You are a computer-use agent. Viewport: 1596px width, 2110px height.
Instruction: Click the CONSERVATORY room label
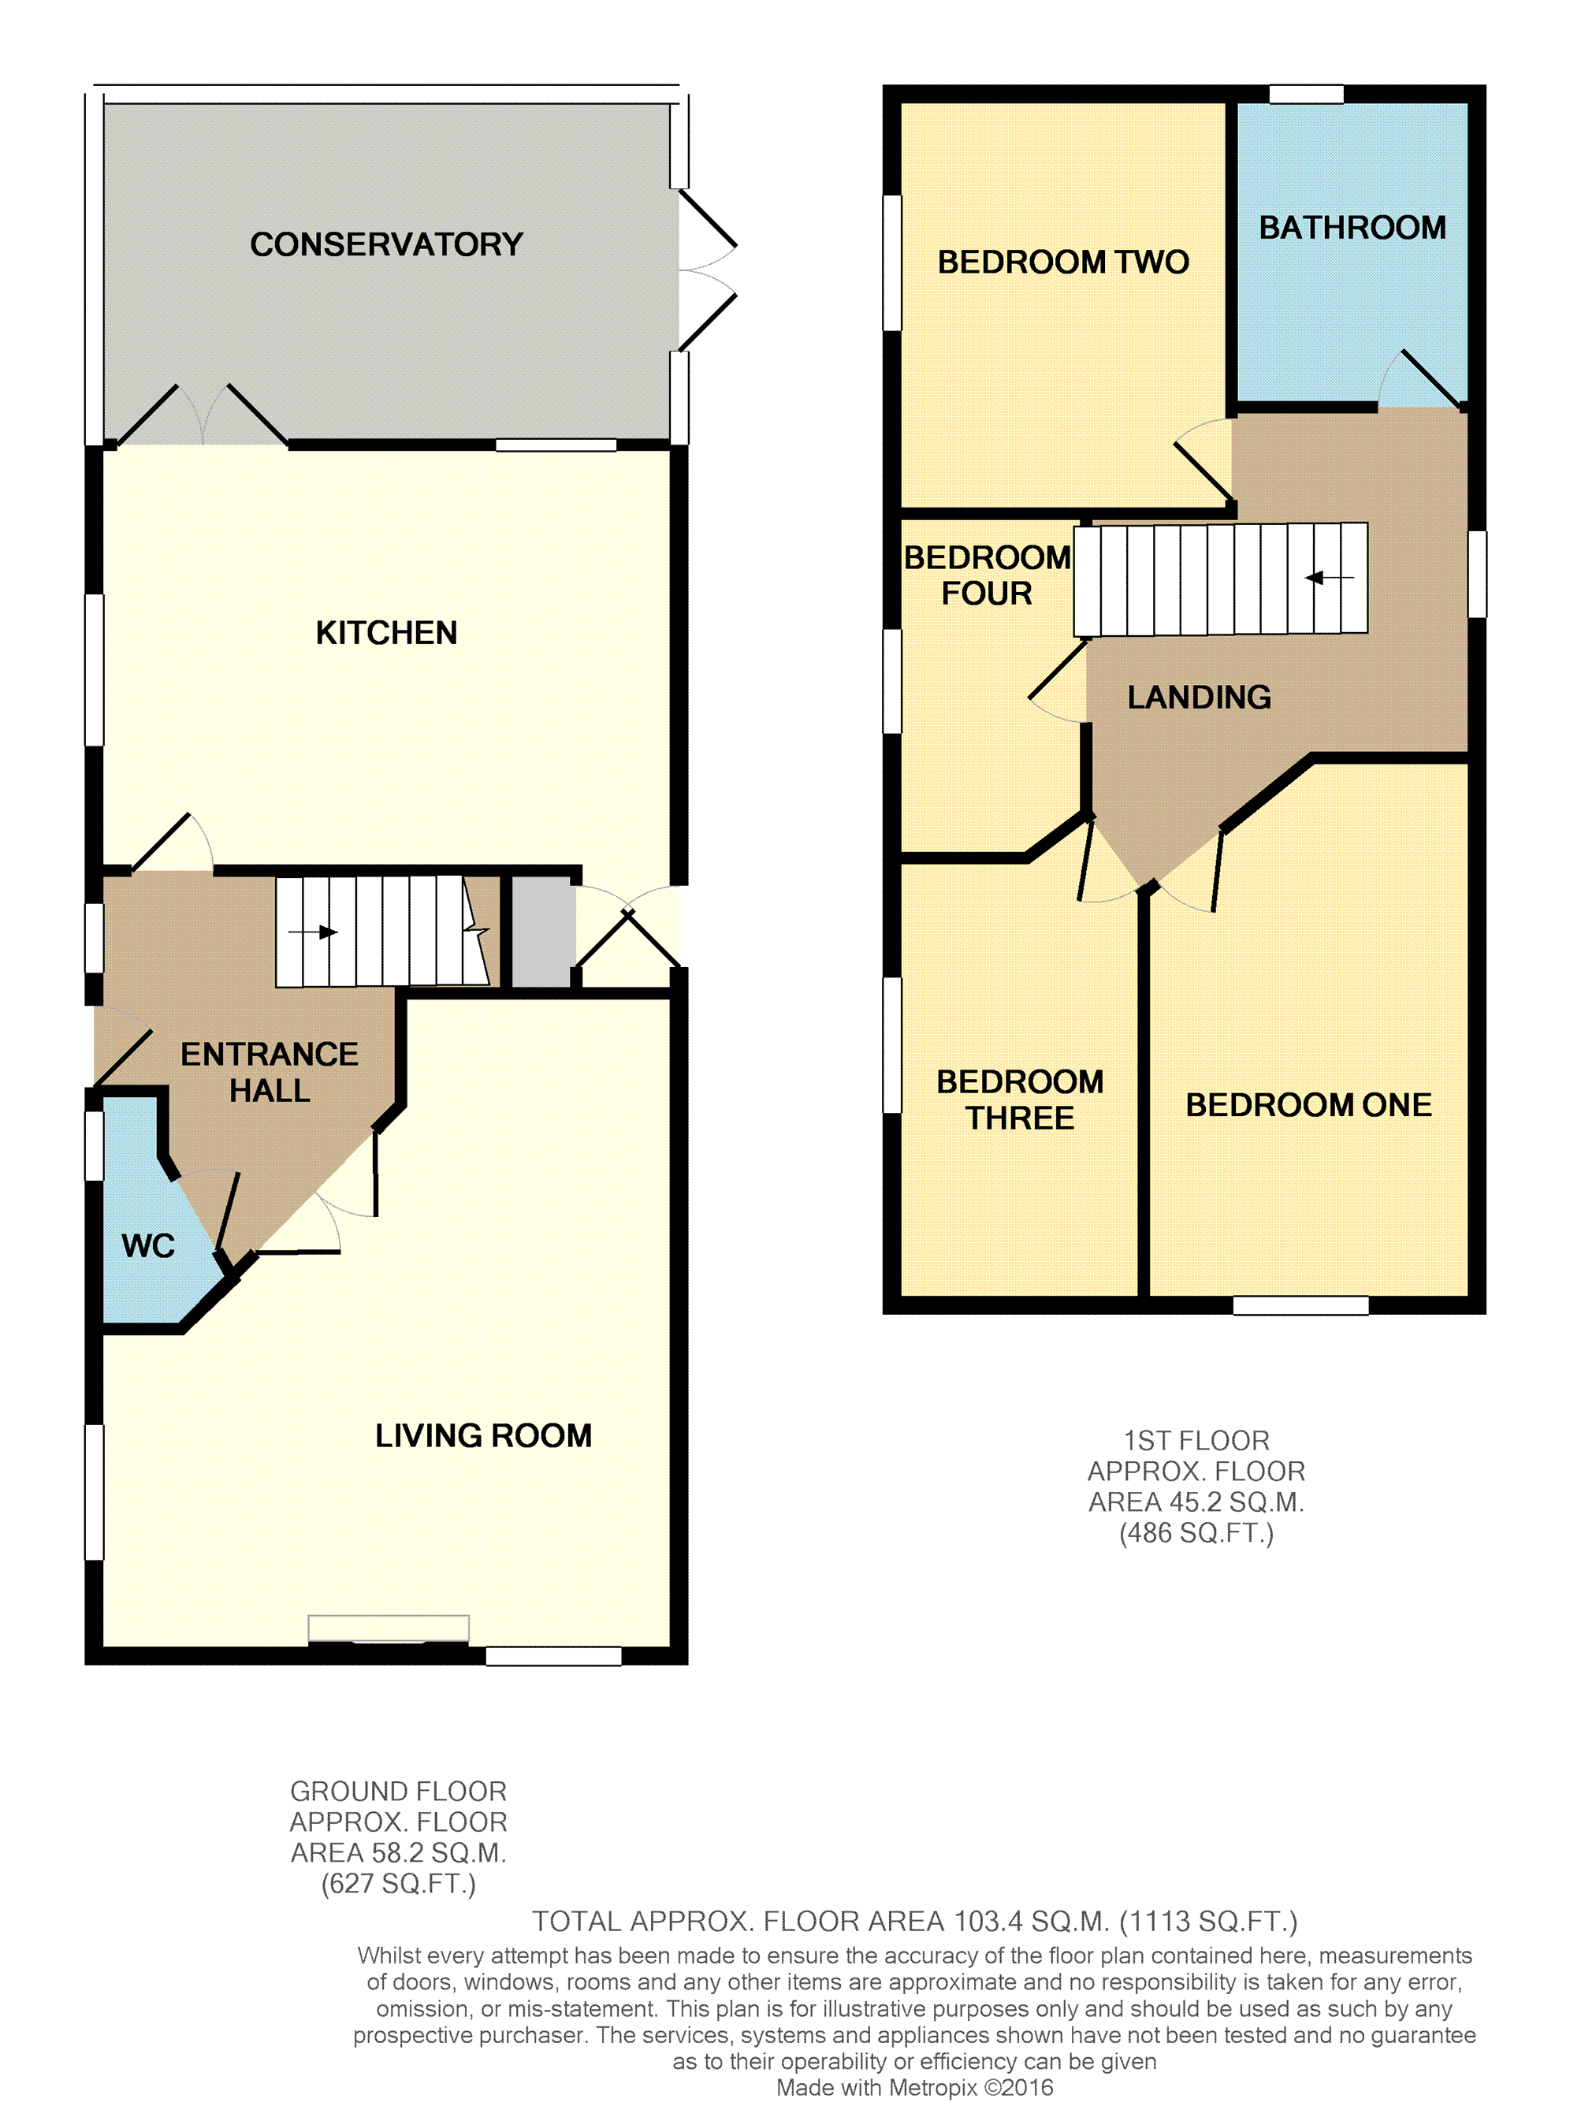[x=386, y=244]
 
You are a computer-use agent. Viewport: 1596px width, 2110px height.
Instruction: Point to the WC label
[x=148, y=1246]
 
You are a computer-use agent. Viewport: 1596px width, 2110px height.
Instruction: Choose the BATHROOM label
[x=1352, y=228]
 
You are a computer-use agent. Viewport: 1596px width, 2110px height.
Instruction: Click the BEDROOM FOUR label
[x=988, y=575]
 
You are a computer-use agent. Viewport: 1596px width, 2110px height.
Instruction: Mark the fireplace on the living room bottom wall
[x=389, y=1629]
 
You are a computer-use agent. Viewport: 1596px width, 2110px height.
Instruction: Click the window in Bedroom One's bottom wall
[x=1301, y=1306]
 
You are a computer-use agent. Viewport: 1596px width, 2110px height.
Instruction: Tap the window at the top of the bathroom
[x=1306, y=95]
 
